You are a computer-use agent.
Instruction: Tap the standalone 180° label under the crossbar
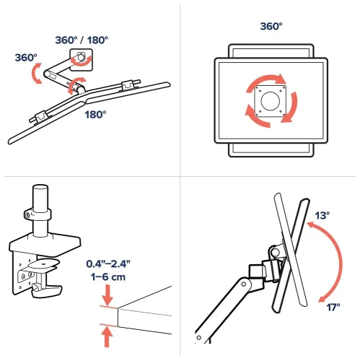click(96, 113)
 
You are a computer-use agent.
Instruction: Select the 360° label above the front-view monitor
click(271, 26)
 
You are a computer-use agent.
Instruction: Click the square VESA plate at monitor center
click(271, 100)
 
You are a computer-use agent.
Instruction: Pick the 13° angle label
click(323, 215)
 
